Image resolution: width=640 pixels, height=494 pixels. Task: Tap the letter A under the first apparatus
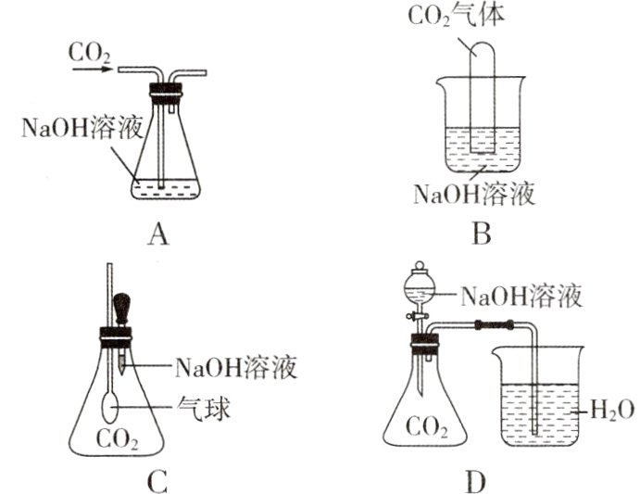[157, 235]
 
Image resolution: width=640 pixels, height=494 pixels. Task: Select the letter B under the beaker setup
[480, 235]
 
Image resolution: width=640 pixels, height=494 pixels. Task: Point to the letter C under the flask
[157, 481]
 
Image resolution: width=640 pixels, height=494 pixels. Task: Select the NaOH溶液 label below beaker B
[475, 195]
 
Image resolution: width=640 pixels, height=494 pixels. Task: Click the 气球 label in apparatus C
[205, 406]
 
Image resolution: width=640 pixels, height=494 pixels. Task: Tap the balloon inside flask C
[111, 406]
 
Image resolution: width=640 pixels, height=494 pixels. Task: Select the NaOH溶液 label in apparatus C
[235, 367]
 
